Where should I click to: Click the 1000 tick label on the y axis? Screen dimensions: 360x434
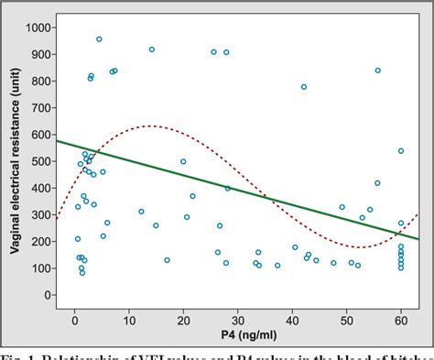pos(37,27)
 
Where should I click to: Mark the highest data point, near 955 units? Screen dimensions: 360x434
pos(99,39)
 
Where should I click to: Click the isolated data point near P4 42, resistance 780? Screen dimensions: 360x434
pos(304,87)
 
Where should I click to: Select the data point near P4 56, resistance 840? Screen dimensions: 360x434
pos(378,71)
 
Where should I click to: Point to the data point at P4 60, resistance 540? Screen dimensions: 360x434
pos(401,151)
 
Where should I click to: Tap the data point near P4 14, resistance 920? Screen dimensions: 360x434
pos(152,49)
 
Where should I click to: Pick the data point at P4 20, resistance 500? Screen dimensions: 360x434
pos(183,161)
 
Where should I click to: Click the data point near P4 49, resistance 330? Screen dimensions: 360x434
pos(342,207)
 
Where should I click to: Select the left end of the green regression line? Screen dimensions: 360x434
pos(57,140)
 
